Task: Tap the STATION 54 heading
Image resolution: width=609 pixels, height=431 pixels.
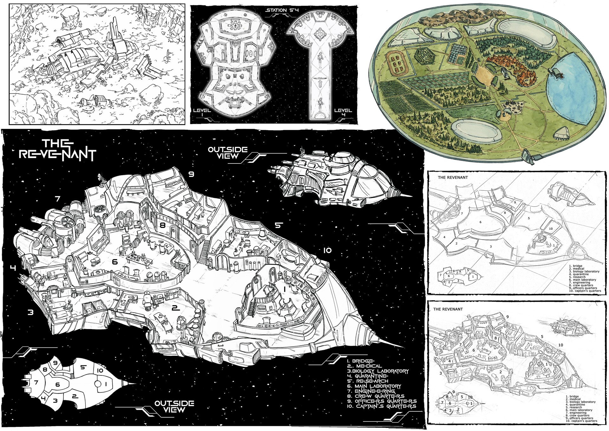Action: (x=282, y=10)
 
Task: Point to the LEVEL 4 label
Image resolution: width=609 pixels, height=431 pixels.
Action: (x=343, y=112)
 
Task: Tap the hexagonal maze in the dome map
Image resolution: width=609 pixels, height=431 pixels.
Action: (x=425, y=57)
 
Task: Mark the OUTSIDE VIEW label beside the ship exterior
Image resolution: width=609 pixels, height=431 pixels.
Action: (x=227, y=152)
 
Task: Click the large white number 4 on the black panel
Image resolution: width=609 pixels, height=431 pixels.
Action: (x=13, y=268)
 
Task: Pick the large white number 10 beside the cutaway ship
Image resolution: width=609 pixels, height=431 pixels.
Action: (x=327, y=250)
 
